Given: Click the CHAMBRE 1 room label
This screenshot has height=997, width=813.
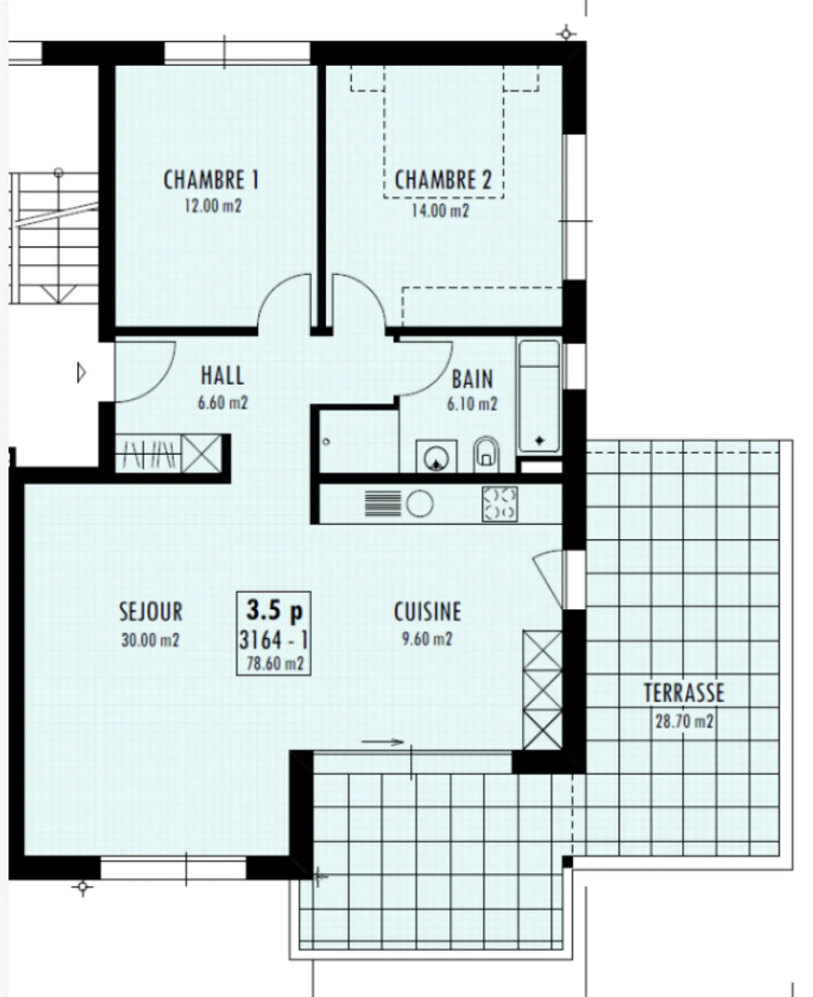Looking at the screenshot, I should (x=211, y=180).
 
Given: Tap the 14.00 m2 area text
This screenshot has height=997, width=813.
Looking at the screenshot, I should (x=440, y=211).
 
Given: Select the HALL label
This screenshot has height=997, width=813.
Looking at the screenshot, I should (x=222, y=376).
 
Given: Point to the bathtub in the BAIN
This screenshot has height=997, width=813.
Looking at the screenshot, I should (x=539, y=395).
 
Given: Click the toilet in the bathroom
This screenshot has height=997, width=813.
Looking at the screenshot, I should (x=486, y=454).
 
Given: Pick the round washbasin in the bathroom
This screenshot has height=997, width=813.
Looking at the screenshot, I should (x=436, y=456).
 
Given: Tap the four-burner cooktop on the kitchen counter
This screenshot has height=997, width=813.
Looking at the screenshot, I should (x=500, y=503).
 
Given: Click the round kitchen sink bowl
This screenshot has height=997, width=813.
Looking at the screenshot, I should (x=419, y=503).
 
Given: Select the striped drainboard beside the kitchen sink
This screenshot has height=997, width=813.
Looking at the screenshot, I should (x=382, y=503).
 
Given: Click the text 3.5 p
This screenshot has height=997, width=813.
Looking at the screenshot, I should (x=274, y=610).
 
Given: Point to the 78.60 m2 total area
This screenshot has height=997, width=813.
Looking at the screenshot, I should (x=275, y=663).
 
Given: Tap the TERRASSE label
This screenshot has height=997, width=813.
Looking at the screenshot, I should (x=684, y=693).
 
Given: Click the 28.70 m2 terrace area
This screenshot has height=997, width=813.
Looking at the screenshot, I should (x=684, y=721).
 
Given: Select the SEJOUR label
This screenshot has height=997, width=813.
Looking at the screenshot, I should (x=151, y=612).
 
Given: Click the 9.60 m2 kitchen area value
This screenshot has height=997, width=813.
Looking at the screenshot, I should (x=427, y=639).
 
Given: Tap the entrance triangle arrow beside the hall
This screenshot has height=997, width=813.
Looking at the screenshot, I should (x=81, y=373).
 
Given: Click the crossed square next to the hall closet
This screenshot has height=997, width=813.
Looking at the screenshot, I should (x=202, y=454).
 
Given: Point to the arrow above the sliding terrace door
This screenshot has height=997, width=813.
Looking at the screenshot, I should (x=382, y=742).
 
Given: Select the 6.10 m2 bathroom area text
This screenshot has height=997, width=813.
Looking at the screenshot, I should (x=472, y=404).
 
